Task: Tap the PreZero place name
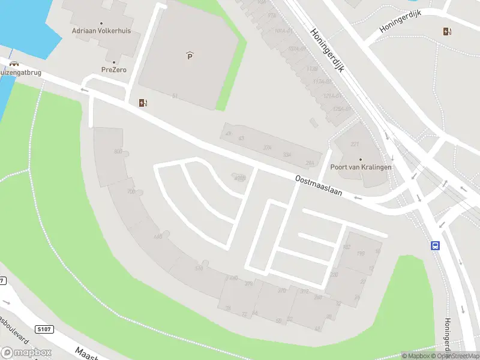click(x=113, y=70)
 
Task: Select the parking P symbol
click(x=190, y=56)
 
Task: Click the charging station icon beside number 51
click(x=143, y=103)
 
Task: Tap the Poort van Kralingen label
click(x=360, y=167)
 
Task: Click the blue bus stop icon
click(x=436, y=245)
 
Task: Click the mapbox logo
click(x=26, y=352)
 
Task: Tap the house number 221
click(x=355, y=144)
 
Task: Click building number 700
click(x=131, y=191)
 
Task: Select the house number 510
click(x=199, y=268)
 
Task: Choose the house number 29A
click(x=310, y=163)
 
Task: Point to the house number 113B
click(x=311, y=69)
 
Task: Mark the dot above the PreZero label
click(x=113, y=61)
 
